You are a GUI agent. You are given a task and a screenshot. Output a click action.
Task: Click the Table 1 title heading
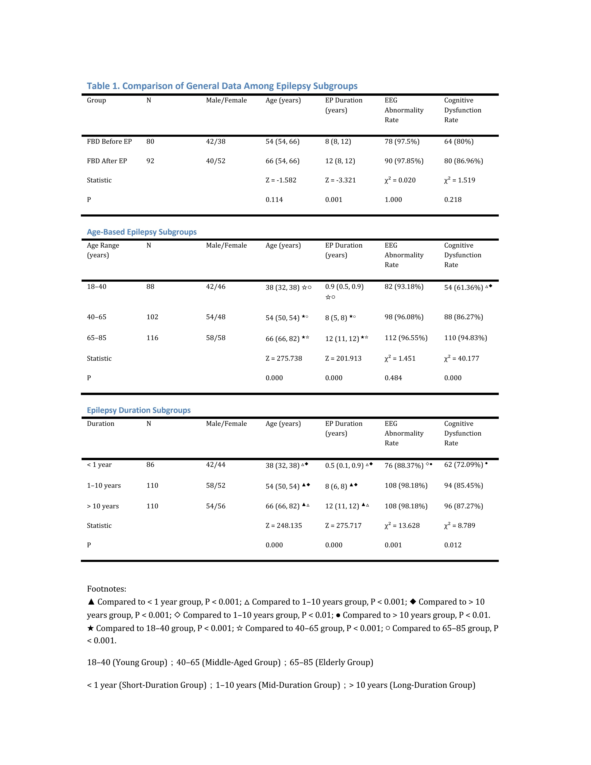coord(222,86)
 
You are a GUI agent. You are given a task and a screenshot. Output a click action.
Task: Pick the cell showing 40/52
coord(216,161)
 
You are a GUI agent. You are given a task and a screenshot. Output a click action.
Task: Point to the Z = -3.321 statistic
coord(340,180)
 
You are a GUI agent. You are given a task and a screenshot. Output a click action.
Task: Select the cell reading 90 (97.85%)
coord(404,161)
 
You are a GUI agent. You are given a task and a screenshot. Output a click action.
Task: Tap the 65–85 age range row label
coord(97,338)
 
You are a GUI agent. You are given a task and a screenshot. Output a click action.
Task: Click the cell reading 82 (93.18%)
coord(404,287)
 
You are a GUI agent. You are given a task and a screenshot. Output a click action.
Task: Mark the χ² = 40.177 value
coord(461,358)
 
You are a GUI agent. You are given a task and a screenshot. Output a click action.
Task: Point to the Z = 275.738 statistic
coord(284,359)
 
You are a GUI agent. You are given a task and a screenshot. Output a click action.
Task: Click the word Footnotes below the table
coord(106,589)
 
